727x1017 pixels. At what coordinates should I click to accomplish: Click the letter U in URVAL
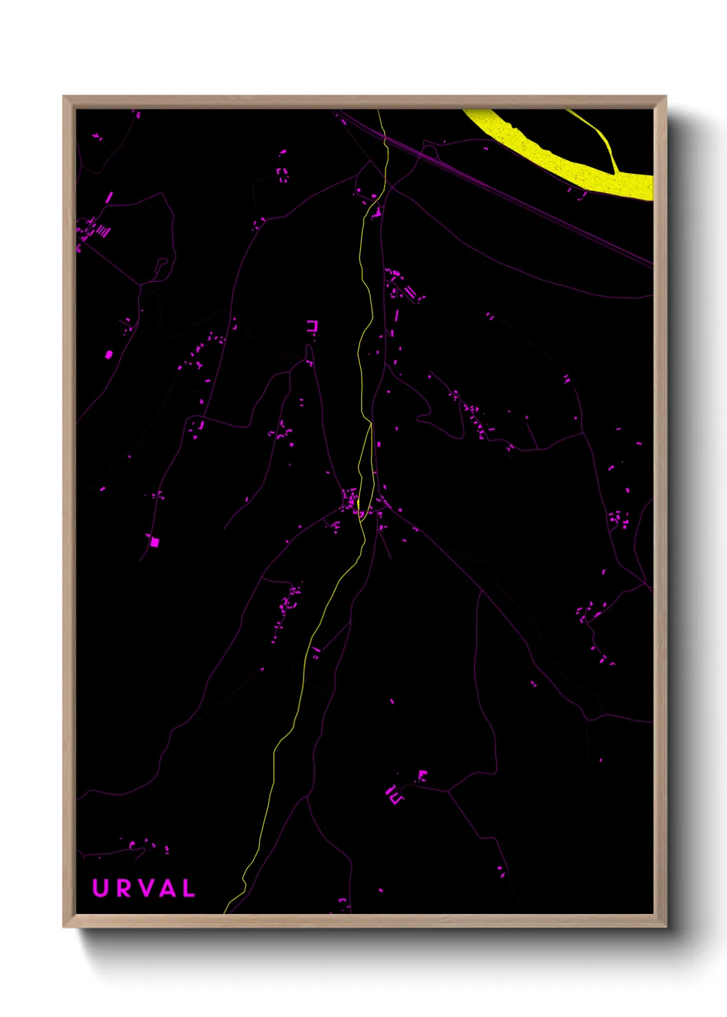(x=100, y=888)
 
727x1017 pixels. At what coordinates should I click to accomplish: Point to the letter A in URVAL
(x=167, y=888)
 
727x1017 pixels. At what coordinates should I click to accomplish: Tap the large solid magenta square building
(x=155, y=541)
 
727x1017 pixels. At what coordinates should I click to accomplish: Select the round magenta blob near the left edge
(x=109, y=355)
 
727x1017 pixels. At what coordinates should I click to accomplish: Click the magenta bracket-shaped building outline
(x=313, y=326)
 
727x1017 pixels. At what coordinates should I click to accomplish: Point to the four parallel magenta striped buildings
(x=102, y=231)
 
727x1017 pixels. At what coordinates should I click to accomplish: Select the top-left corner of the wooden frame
(x=64, y=97)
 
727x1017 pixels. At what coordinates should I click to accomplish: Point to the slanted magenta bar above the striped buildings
(x=109, y=198)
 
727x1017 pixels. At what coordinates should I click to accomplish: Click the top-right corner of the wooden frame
(x=665, y=97)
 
